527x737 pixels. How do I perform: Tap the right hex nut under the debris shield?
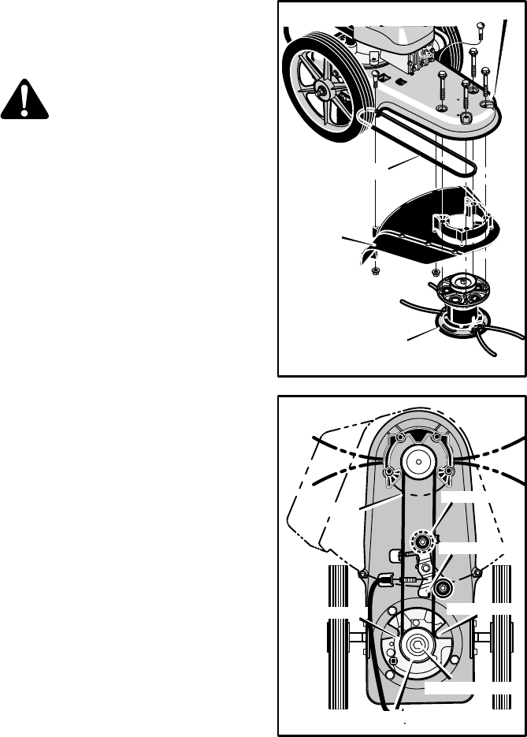[x=436, y=273]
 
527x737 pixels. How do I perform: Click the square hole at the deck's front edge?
[x=466, y=119]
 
